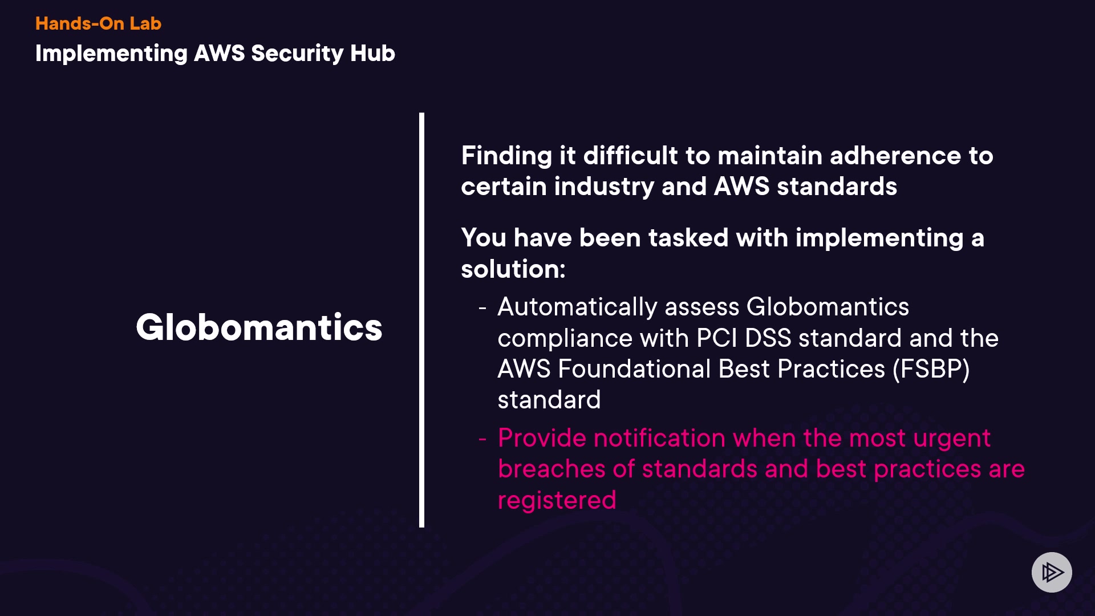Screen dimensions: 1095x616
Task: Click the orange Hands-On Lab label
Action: [x=98, y=23]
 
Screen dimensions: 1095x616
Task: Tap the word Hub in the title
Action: [x=372, y=53]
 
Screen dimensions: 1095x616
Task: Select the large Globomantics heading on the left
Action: [x=259, y=327]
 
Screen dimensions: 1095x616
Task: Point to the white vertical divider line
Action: [x=421, y=320]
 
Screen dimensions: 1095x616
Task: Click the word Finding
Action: [x=506, y=156]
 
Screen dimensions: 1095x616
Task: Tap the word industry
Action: [x=604, y=187]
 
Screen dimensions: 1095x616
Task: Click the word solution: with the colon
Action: [x=513, y=269]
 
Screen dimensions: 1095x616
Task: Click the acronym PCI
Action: [x=717, y=338]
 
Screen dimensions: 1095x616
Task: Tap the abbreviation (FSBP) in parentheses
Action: [x=931, y=370]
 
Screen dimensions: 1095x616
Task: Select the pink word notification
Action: [x=659, y=438]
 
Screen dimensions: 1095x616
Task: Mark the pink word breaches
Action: [x=551, y=469]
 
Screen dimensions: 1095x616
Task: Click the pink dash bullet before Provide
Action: [x=482, y=439]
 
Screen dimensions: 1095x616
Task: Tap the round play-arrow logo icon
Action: [x=1052, y=572]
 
